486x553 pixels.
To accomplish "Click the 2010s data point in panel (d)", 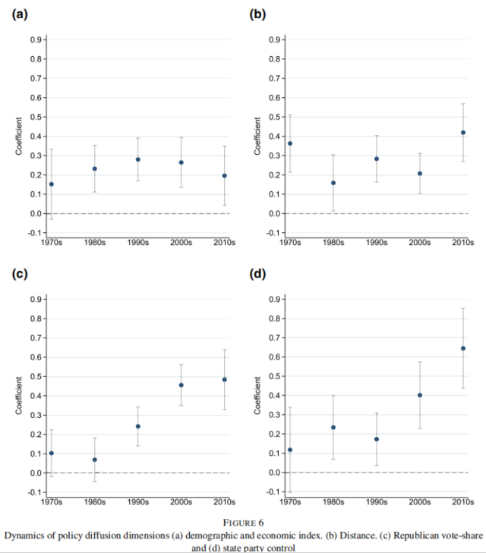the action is tap(463, 348).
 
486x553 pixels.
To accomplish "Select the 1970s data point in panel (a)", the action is tap(52, 184).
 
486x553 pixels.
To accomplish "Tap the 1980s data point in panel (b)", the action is tap(333, 183).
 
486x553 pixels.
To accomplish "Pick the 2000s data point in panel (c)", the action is tap(181, 385).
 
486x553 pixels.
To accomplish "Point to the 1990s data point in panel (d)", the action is tap(377, 439).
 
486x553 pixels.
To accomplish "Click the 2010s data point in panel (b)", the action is tap(463, 133).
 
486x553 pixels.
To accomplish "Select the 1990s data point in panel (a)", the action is tap(138, 159).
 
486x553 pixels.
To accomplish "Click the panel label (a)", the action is tap(20, 14).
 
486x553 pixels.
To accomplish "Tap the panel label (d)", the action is tap(257, 274).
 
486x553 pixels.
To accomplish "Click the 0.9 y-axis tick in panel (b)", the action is tap(274, 39).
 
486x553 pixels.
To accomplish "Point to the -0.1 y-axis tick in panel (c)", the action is tap(34, 492).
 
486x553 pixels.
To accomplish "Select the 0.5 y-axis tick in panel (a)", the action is tap(36, 117).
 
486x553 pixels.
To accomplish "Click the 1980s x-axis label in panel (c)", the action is tap(95, 502).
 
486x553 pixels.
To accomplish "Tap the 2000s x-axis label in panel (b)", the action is tap(420, 243).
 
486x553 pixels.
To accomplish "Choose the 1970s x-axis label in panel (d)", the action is tap(290, 502).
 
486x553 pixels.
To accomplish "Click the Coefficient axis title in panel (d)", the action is tap(257, 395).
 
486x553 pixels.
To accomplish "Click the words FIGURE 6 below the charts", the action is tap(243, 523).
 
